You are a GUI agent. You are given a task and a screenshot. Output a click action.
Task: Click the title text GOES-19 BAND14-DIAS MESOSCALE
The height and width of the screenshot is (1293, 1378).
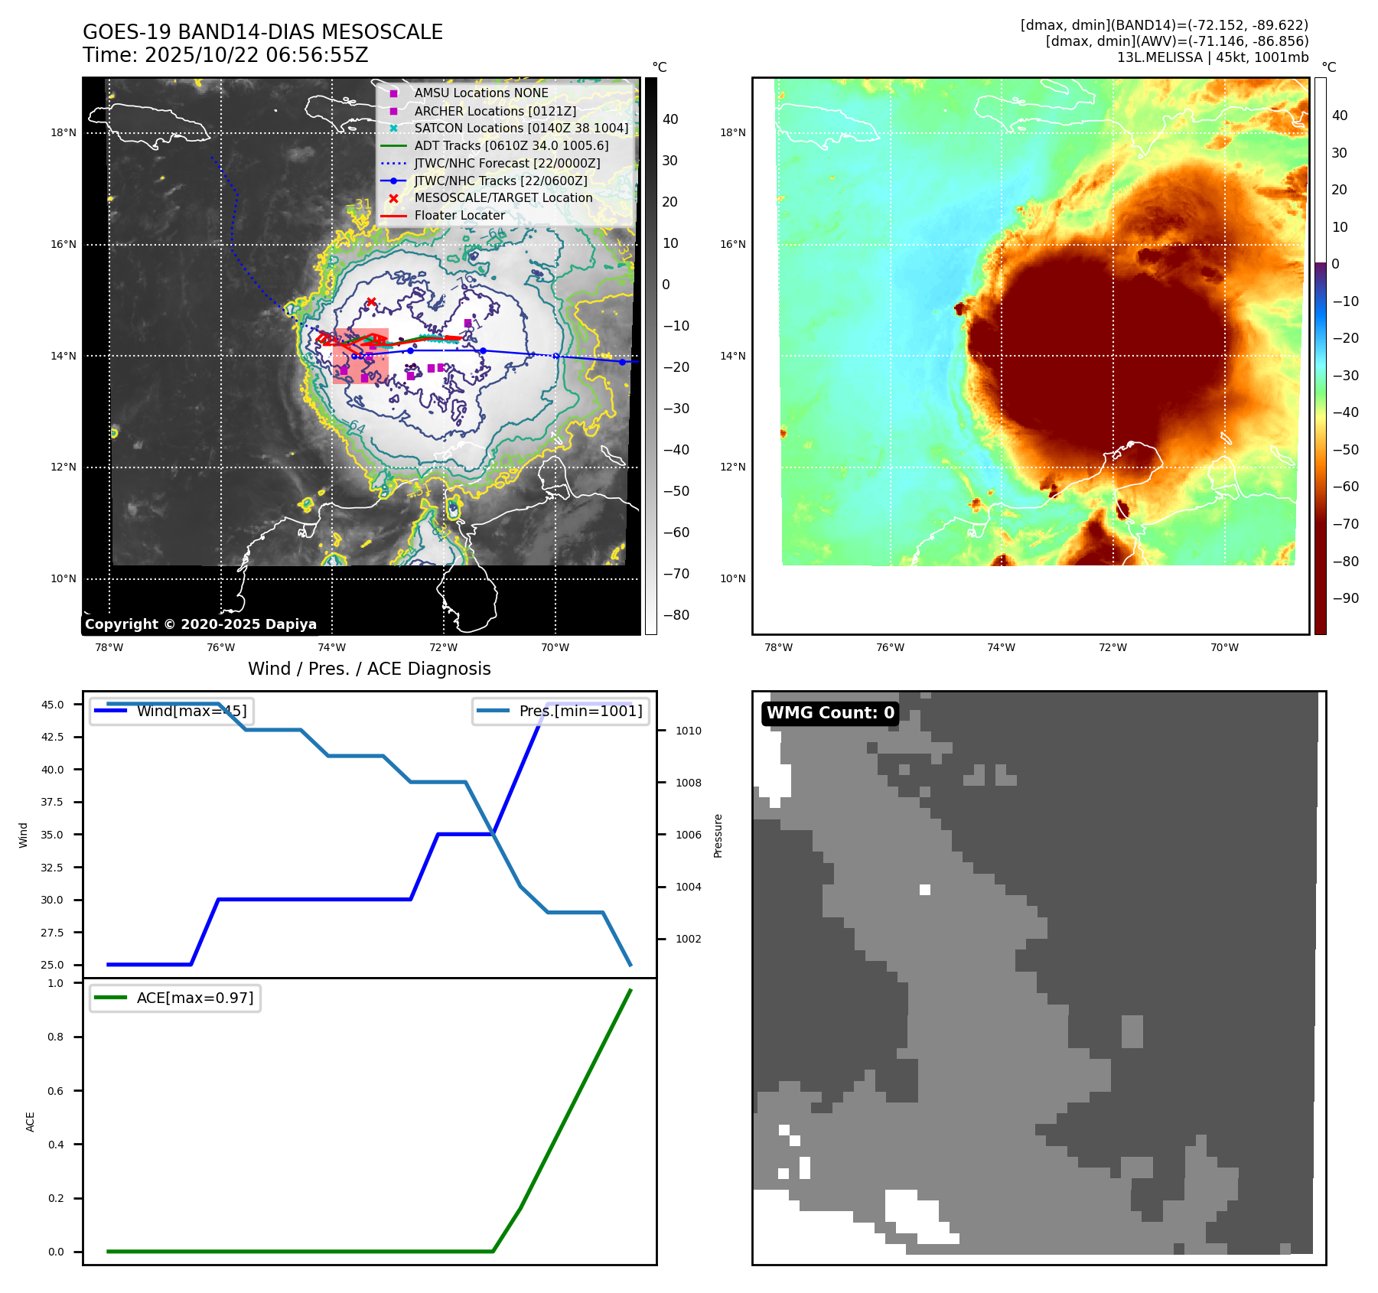point(262,32)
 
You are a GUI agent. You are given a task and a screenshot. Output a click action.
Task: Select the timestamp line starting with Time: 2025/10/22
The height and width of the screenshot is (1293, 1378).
point(226,55)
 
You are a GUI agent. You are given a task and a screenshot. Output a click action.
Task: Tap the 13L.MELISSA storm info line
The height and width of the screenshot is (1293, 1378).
point(1212,57)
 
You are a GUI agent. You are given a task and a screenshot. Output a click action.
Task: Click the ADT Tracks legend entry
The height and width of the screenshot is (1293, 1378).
point(511,145)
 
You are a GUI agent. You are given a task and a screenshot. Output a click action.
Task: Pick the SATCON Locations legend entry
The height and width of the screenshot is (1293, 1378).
point(521,128)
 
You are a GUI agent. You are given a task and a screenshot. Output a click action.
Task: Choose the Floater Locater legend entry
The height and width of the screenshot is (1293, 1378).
point(459,215)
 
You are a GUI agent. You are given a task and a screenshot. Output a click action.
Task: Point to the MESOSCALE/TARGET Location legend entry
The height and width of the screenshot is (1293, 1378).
point(503,197)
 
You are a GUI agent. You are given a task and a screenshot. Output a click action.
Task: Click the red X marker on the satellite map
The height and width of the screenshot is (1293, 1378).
point(371,302)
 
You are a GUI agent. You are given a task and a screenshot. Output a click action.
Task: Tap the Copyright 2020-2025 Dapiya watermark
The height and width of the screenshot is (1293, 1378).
point(200,624)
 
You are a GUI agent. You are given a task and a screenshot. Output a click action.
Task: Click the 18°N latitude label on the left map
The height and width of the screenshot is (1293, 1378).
point(64,132)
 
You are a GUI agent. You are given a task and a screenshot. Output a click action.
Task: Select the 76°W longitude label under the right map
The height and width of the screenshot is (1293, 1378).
point(890,647)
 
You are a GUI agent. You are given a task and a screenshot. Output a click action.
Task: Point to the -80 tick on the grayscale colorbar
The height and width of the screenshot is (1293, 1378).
point(676,615)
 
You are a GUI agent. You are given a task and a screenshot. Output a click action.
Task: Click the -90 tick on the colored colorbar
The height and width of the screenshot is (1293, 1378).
point(1345,598)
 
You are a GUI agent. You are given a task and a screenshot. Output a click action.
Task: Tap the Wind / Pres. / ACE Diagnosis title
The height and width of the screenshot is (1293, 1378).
point(369,669)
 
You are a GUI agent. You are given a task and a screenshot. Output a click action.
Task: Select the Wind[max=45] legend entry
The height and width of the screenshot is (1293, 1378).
point(191,711)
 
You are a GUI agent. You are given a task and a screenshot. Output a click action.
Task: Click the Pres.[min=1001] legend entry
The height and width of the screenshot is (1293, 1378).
point(580,711)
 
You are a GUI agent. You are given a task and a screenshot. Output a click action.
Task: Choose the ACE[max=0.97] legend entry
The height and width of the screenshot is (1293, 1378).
point(194,998)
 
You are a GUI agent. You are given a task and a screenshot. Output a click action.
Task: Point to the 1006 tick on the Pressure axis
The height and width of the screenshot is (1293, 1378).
point(688,835)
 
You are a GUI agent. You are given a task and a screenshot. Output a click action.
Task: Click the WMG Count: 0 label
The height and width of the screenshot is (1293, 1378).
point(830,713)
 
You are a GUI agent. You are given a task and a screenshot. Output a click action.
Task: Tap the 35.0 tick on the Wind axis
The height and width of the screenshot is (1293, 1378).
point(52,835)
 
